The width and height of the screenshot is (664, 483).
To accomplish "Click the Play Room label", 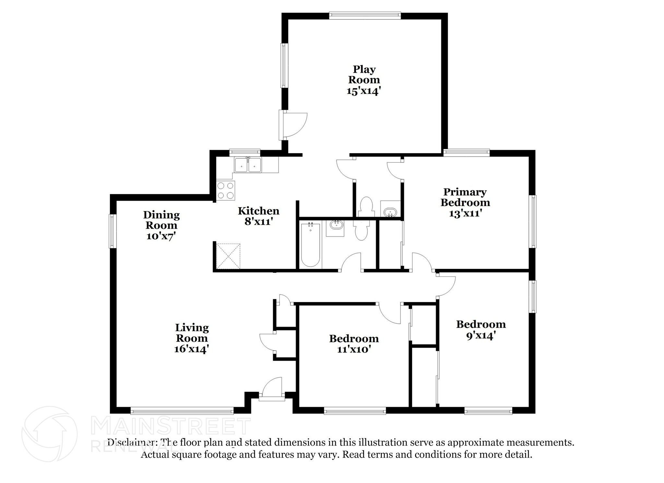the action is click(364, 74).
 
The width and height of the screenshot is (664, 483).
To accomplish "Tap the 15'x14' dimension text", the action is click(363, 91).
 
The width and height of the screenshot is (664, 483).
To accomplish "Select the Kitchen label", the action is click(258, 211).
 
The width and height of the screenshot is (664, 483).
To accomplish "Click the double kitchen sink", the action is click(248, 165).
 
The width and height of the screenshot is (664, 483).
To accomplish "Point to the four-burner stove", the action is click(225, 190).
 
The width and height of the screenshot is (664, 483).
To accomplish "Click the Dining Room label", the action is click(161, 220).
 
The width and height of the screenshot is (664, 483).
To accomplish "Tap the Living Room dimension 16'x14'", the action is click(191, 349).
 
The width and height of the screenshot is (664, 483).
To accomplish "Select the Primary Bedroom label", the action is click(465, 197).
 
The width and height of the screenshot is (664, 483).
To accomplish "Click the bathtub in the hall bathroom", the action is click(311, 245).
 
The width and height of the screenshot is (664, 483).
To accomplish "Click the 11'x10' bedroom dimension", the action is click(354, 349).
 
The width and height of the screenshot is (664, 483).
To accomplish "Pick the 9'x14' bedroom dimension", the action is click(480, 335).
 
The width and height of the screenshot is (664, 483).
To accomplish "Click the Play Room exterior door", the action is click(293, 125).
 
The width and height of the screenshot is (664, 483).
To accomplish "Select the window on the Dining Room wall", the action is click(113, 231).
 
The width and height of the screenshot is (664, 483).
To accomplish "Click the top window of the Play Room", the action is click(365, 15).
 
